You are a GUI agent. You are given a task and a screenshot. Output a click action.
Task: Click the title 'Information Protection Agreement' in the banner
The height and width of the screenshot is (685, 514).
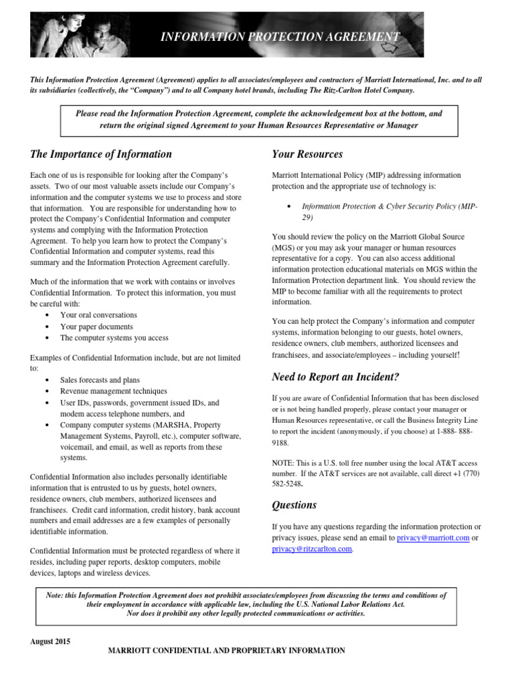(x=280, y=37)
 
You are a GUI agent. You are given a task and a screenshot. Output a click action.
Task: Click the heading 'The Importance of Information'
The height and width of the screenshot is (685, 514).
(x=101, y=155)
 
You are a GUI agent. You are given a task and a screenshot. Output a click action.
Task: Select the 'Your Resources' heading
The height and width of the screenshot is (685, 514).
(x=307, y=155)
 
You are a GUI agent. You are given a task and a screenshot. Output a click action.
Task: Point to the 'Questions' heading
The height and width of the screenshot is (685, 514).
(x=294, y=505)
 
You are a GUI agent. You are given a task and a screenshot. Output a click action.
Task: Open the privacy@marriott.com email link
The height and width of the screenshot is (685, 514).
(x=432, y=538)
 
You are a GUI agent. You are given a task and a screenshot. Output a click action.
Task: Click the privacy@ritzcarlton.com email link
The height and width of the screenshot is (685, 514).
(x=311, y=549)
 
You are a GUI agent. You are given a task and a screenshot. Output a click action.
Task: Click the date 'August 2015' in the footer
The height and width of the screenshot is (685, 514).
(x=50, y=641)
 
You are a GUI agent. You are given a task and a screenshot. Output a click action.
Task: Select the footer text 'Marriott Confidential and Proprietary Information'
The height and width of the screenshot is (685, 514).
(x=227, y=650)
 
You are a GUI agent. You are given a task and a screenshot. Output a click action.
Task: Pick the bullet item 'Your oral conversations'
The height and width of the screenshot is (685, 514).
(x=98, y=315)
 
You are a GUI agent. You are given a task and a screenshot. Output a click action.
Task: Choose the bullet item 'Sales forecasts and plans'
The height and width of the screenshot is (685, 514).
(x=100, y=380)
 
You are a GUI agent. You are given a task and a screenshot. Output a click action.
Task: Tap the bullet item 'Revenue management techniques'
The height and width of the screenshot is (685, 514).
(x=113, y=391)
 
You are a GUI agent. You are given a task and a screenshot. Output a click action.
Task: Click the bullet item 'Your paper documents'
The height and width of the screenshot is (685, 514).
(x=96, y=326)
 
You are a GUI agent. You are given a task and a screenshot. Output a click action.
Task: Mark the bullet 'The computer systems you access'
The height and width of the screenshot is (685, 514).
(x=114, y=338)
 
